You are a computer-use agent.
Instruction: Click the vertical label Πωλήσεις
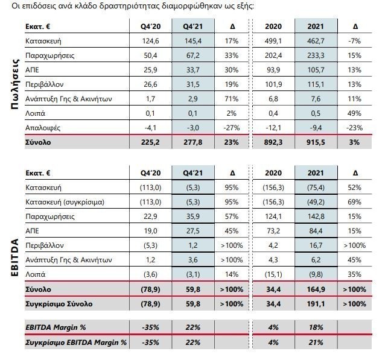click(x=15, y=84)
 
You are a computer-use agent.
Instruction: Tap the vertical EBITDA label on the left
click(x=15, y=257)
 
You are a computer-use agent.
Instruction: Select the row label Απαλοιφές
click(x=43, y=128)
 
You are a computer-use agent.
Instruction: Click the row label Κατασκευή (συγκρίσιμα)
click(x=65, y=202)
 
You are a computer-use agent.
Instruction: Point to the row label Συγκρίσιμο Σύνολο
click(x=59, y=304)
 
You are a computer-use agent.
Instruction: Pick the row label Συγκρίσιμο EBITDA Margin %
click(x=76, y=343)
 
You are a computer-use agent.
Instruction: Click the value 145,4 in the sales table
click(x=192, y=41)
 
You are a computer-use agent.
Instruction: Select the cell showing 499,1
click(x=273, y=41)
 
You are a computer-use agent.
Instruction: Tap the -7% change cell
click(x=355, y=41)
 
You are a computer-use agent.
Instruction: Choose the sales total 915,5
click(x=316, y=142)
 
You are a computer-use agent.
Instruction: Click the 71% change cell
click(x=232, y=99)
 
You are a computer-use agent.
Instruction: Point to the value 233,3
click(x=316, y=55)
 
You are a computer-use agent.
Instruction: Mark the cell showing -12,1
click(x=273, y=128)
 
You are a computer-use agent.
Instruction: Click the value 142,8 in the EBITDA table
click(x=316, y=216)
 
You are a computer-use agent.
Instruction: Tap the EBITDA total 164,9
click(x=316, y=289)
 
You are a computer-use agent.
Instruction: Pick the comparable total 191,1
click(x=316, y=304)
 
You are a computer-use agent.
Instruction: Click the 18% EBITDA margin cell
click(x=316, y=327)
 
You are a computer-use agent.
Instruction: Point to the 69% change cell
click(x=355, y=202)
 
